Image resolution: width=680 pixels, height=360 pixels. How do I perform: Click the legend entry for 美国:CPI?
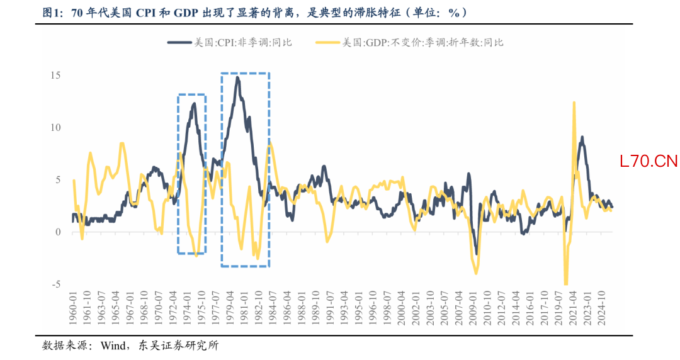point(229,42)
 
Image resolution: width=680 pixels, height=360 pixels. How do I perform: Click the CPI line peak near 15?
point(237,77)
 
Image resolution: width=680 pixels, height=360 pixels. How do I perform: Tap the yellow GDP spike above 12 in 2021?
point(574,102)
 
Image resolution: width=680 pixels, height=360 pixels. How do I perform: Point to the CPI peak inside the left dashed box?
point(194,103)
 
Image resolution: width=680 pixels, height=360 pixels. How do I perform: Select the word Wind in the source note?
point(113,346)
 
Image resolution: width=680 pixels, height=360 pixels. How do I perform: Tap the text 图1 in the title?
point(51,12)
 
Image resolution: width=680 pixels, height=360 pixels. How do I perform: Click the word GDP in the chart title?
point(197,12)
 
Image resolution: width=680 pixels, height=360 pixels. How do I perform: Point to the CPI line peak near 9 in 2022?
point(582,137)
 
